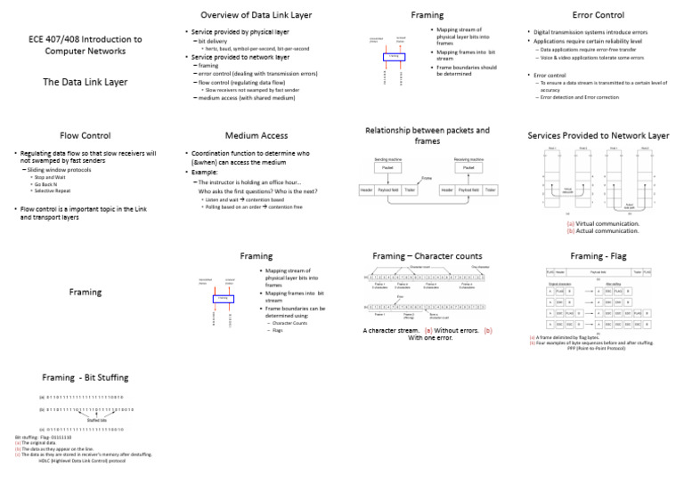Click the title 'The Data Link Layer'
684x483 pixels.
[x=85, y=82]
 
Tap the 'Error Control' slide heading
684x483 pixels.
[x=597, y=15]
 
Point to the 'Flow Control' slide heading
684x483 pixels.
[x=85, y=136]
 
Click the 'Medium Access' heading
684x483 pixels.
[x=254, y=136]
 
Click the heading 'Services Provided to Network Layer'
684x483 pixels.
[x=598, y=135]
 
